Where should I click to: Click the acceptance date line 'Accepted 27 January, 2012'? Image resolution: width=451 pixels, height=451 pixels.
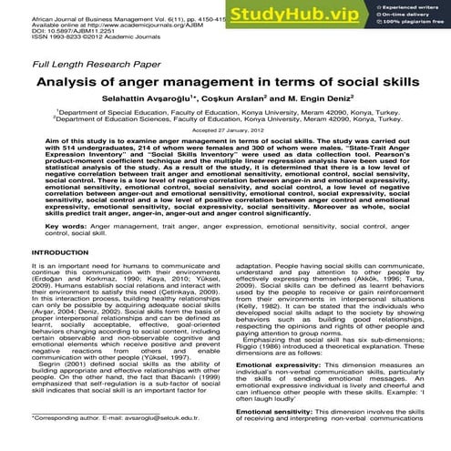[224, 143]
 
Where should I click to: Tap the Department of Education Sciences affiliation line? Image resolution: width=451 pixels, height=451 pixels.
[224, 131]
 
